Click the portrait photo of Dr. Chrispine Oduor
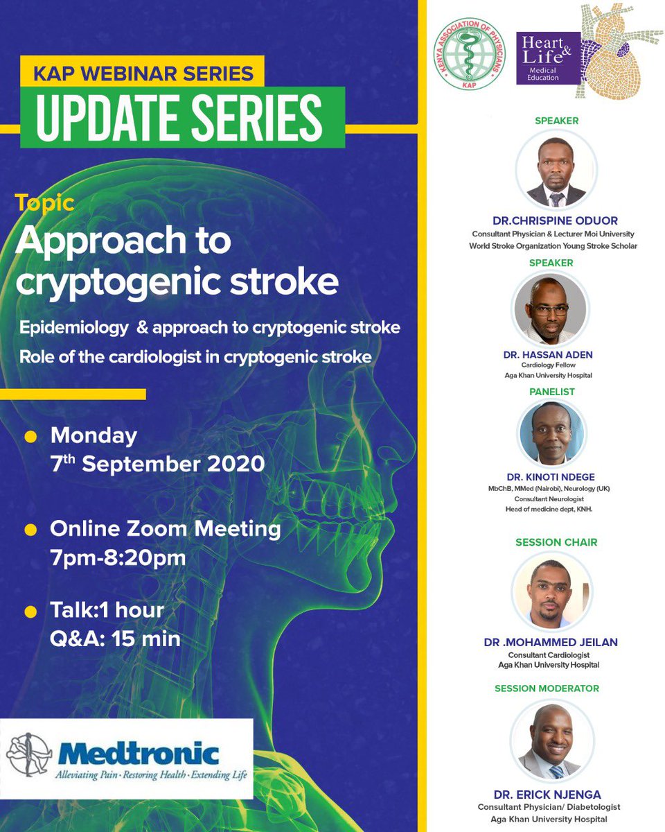point(556,168)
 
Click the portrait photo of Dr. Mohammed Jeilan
point(551,591)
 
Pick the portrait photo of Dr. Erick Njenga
point(551,744)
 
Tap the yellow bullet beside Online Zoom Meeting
point(30,530)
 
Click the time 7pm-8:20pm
point(118,557)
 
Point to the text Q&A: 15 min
point(115,638)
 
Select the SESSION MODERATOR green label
point(547,688)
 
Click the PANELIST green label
point(551,392)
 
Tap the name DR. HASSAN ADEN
point(548,355)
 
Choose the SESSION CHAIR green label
point(556,542)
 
